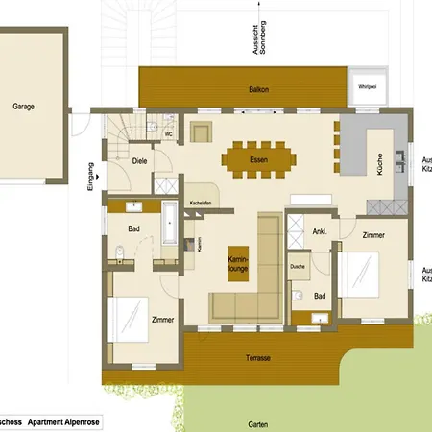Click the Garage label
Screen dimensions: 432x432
24,107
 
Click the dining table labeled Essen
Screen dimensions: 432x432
257,157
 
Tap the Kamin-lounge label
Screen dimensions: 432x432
238,264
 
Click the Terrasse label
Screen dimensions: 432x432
257,357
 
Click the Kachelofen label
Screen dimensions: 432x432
201,203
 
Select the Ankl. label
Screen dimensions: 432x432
320,231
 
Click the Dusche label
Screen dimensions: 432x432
298,266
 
